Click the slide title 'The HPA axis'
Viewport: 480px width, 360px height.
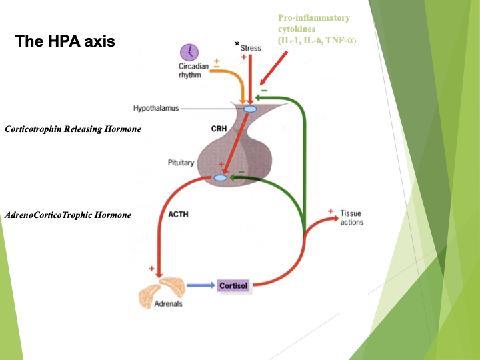click(x=65, y=41)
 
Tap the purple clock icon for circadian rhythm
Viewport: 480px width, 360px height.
click(x=190, y=52)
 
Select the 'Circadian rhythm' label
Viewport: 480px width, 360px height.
click(x=193, y=71)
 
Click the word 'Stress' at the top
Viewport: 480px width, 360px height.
click(x=251, y=48)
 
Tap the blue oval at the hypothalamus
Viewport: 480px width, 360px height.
click(x=250, y=109)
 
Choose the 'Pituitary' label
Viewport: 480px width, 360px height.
click(x=182, y=163)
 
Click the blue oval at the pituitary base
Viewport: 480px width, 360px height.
click(x=221, y=178)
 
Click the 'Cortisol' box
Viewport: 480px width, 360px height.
click(x=233, y=286)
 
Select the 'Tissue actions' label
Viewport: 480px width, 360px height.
click(x=351, y=218)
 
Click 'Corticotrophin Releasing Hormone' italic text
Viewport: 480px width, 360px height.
click(x=73, y=129)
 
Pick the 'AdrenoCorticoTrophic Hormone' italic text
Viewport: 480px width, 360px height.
click(x=68, y=215)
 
